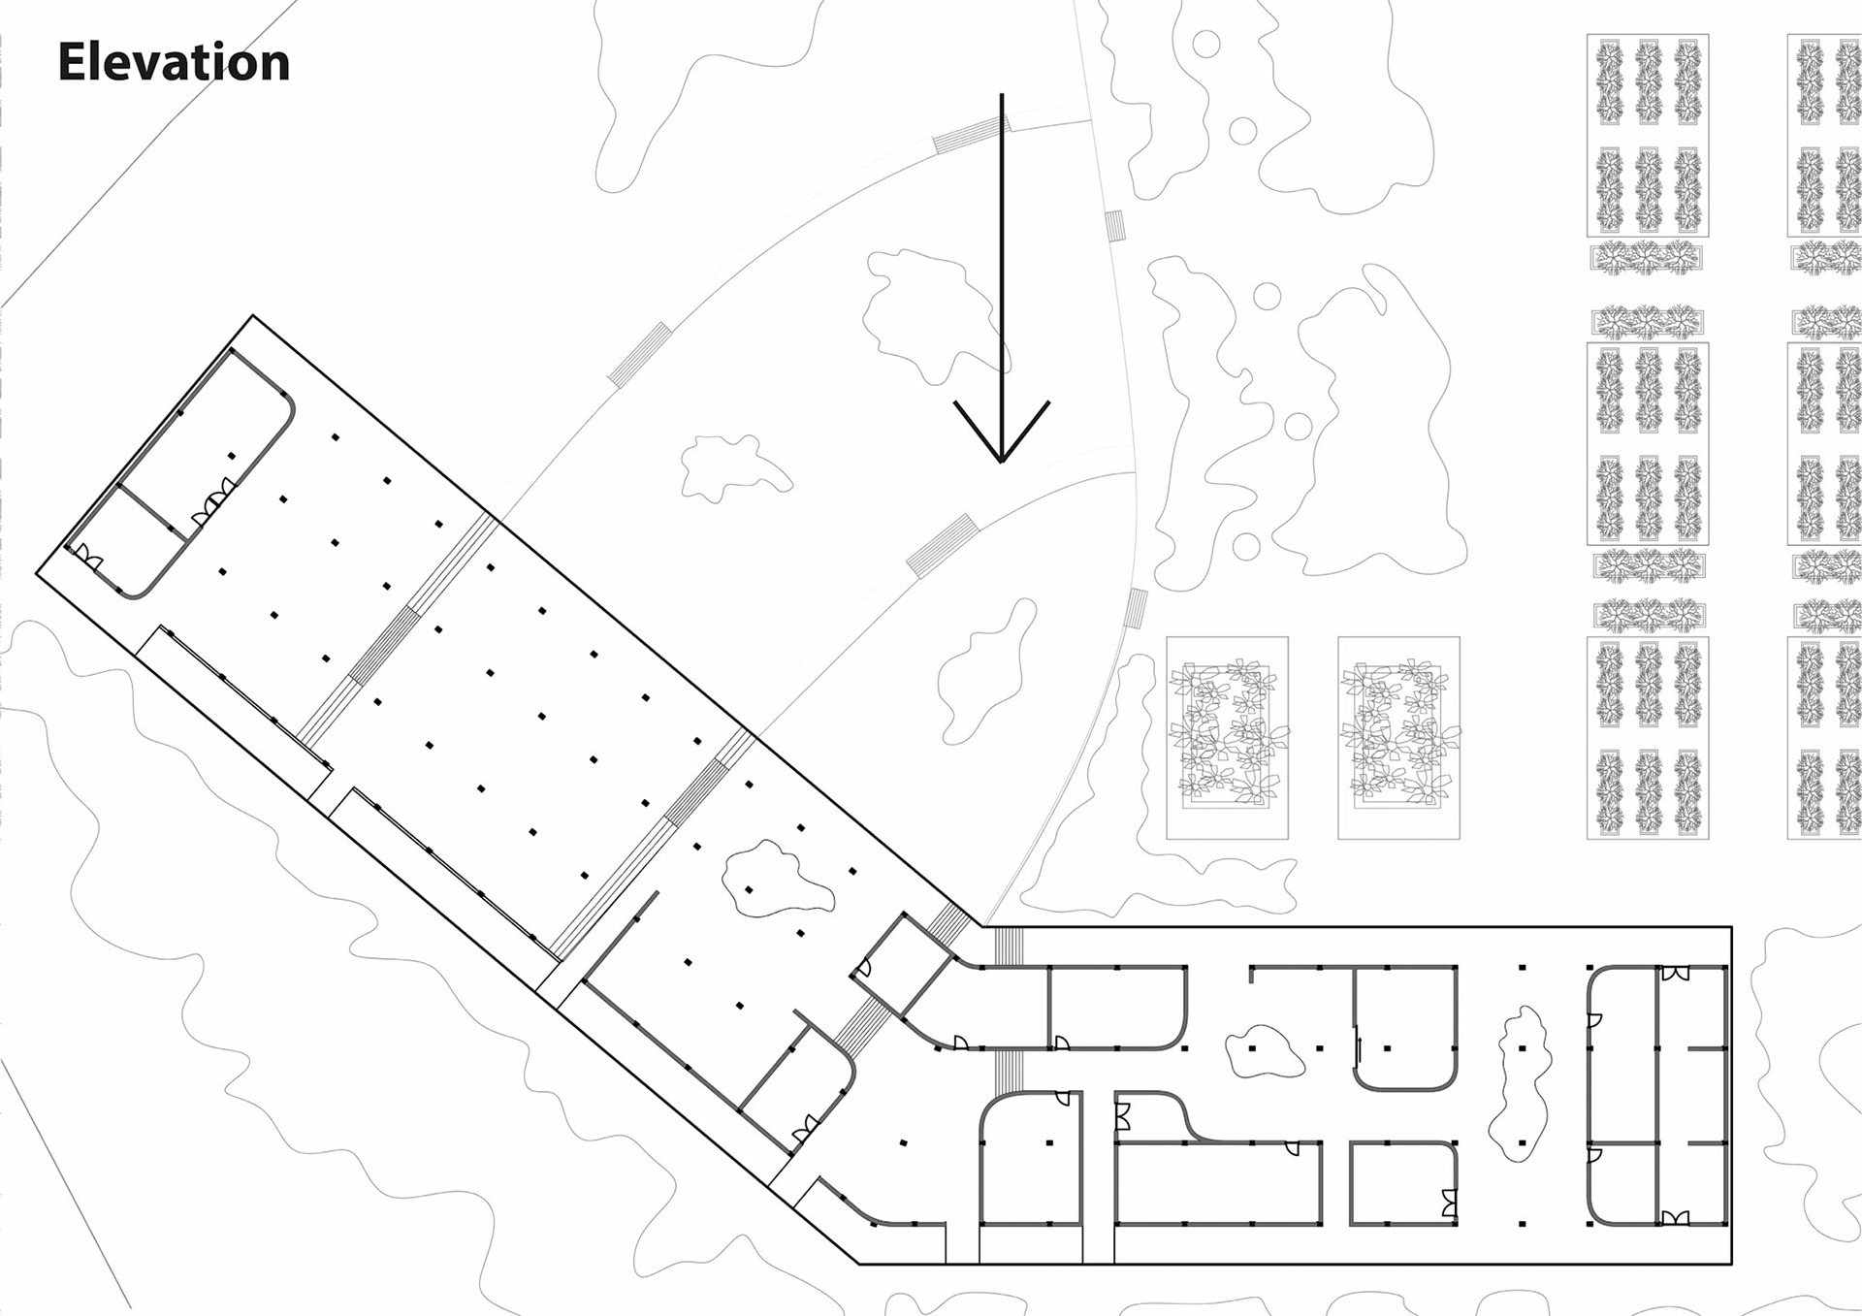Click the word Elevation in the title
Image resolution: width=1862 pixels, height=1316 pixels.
[x=174, y=62]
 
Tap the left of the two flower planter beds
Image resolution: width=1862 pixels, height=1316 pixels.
[x=1227, y=737]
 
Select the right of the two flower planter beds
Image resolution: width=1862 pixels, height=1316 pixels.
[x=1398, y=737]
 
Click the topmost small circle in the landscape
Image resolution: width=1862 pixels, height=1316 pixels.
[x=1205, y=44]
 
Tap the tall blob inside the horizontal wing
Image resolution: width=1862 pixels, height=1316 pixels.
[x=1520, y=1081]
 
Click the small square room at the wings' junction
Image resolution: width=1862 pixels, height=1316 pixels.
[x=902, y=960]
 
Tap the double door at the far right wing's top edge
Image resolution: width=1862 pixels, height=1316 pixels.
[x=1675, y=973]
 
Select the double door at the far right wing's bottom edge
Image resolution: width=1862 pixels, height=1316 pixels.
[x=1675, y=1217]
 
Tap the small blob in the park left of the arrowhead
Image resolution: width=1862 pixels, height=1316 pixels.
[x=732, y=467]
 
